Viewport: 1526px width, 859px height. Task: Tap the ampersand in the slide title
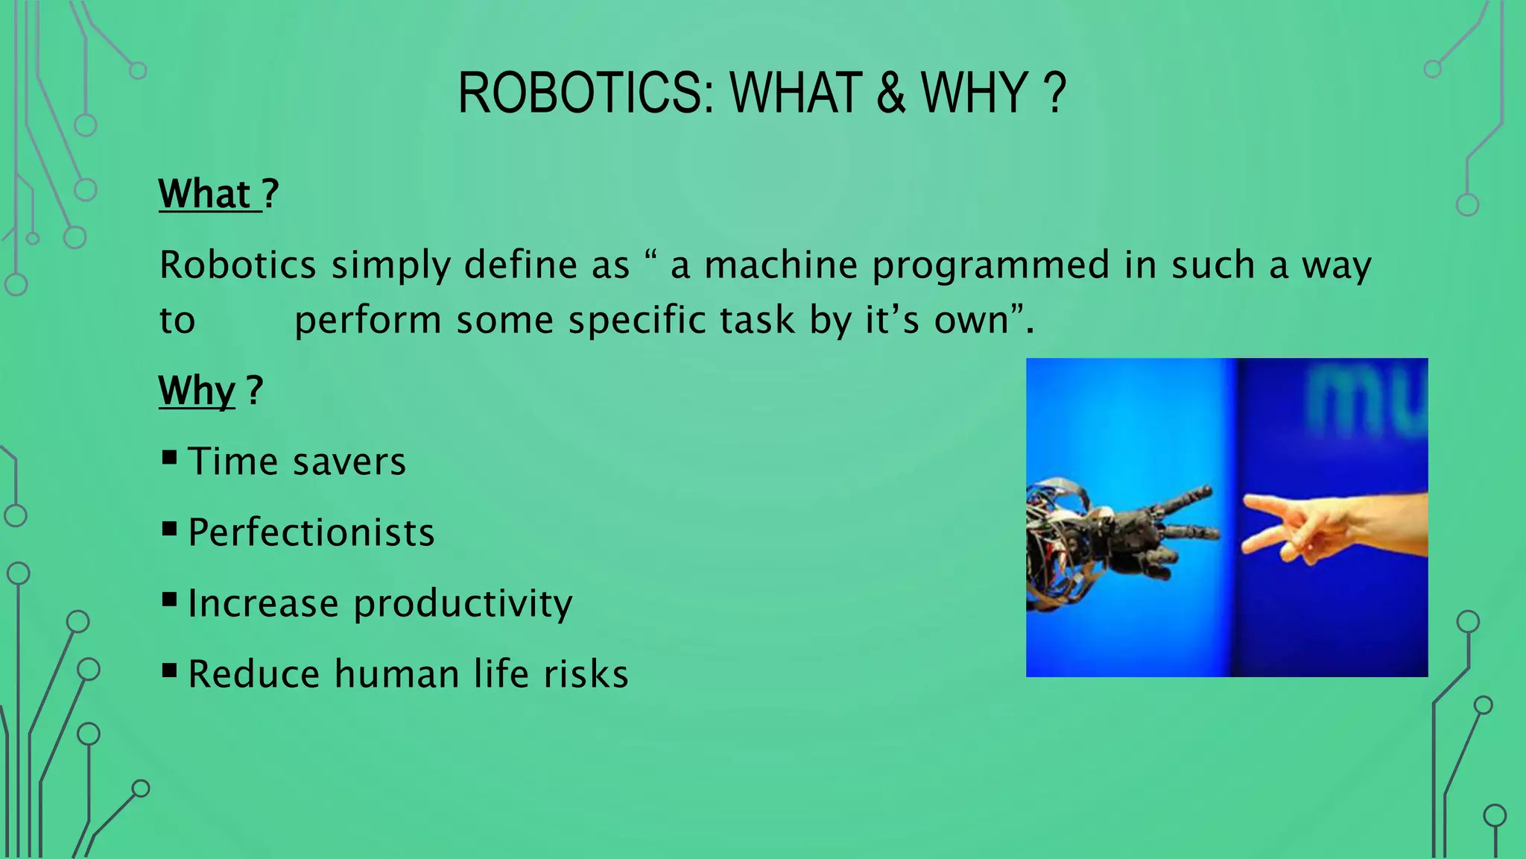[x=891, y=93]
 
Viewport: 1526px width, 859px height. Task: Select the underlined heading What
[x=204, y=194]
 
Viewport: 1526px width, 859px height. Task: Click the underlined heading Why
[x=197, y=390]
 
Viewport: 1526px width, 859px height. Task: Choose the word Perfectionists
[x=311, y=532]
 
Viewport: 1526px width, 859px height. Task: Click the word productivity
[x=463, y=604]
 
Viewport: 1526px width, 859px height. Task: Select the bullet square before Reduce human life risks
[x=169, y=670]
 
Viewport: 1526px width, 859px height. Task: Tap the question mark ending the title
[x=1055, y=93]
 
